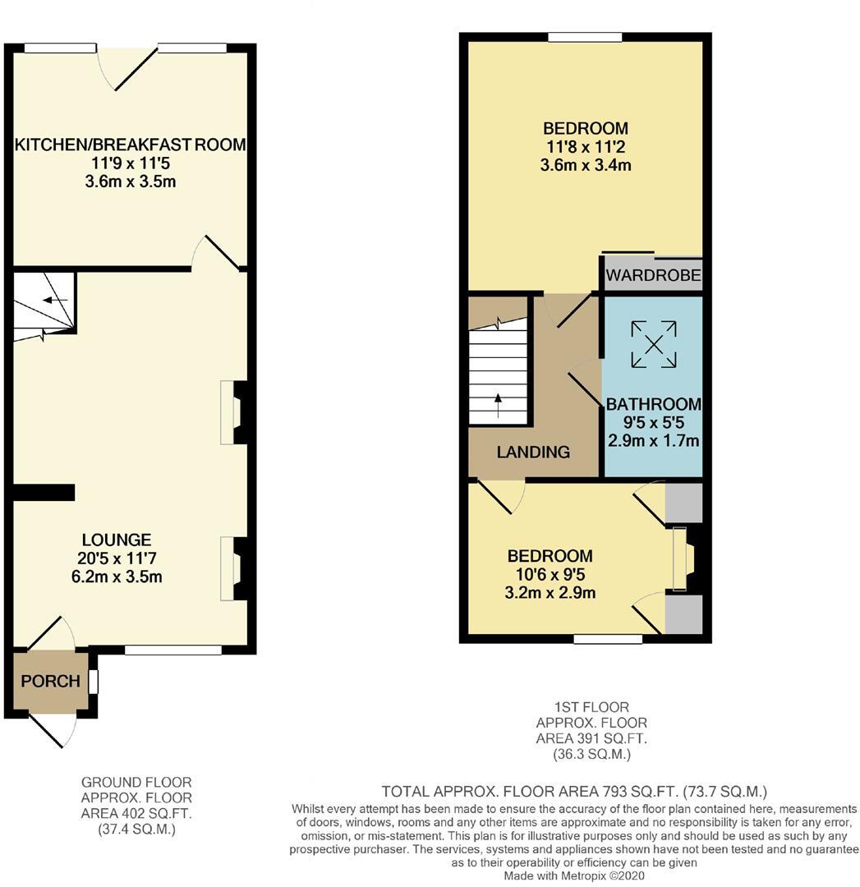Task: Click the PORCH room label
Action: (50, 681)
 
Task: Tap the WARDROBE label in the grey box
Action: (654, 275)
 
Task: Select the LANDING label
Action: (533, 452)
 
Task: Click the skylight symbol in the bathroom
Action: (654, 343)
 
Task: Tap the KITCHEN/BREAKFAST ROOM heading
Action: (130, 145)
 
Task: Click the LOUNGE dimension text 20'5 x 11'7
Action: (117, 558)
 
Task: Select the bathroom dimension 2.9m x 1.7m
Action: (654, 441)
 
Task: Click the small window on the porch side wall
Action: (94, 682)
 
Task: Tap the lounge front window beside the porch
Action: (172, 650)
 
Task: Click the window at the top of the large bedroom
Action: (585, 37)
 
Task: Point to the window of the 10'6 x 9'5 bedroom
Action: (608, 639)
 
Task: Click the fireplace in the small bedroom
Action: (683, 559)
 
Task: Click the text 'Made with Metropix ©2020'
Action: (574, 876)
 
